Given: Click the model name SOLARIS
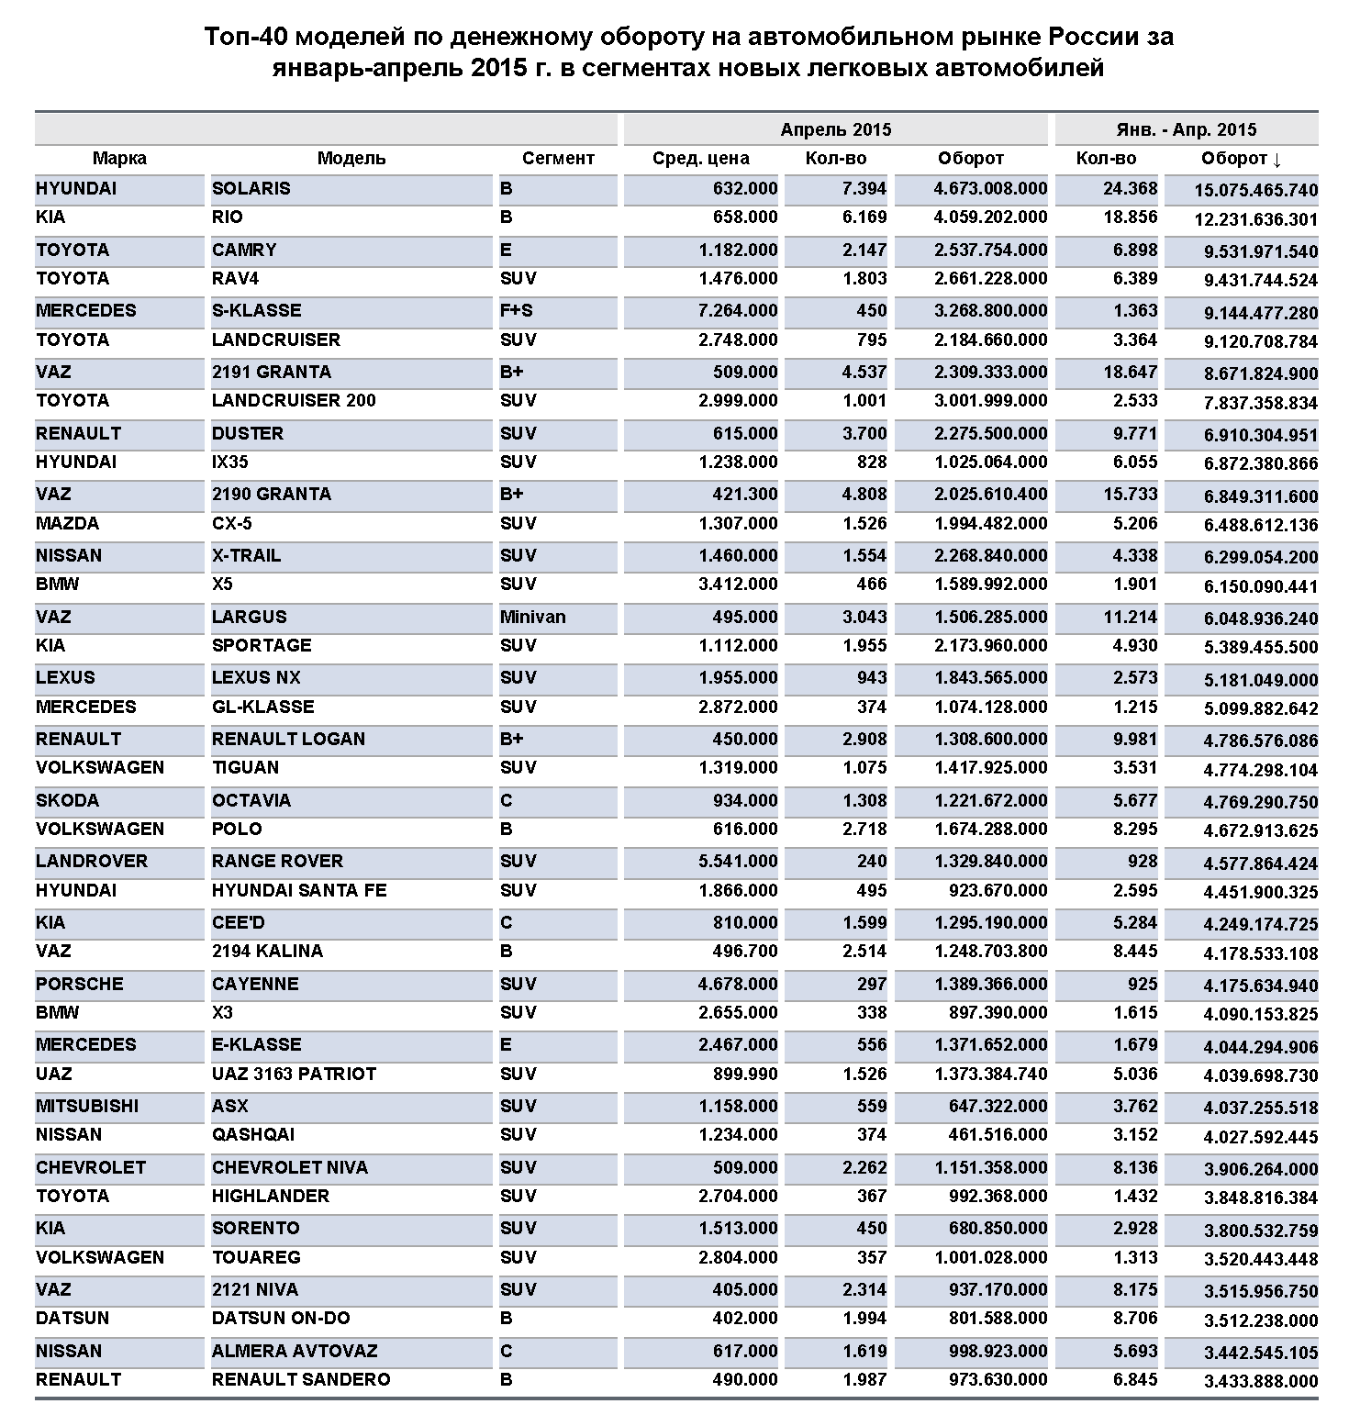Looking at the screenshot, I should (251, 189).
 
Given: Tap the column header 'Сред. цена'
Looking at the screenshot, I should (700, 159).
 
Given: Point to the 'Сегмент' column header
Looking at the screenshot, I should (558, 159).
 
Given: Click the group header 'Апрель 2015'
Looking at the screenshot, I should (835, 129).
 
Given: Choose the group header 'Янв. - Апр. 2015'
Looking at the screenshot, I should (1186, 129).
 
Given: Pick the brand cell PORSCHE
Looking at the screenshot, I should (79, 985).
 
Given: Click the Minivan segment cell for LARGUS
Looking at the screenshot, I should (532, 618).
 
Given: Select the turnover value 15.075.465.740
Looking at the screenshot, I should (1255, 191).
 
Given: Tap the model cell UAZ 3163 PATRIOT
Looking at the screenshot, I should (294, 1074).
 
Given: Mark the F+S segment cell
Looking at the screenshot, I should (516, 311).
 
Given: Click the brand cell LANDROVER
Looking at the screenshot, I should (91, 862).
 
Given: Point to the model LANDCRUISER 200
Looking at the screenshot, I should (294, 401).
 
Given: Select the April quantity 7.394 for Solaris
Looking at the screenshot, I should (864, 189).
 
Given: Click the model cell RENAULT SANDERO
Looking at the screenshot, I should (300, 1380).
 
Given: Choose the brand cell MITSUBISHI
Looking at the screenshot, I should (87, 1107).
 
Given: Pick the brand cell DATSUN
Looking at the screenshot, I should (72, 1319).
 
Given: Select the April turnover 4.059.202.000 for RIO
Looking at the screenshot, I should (990, 217).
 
